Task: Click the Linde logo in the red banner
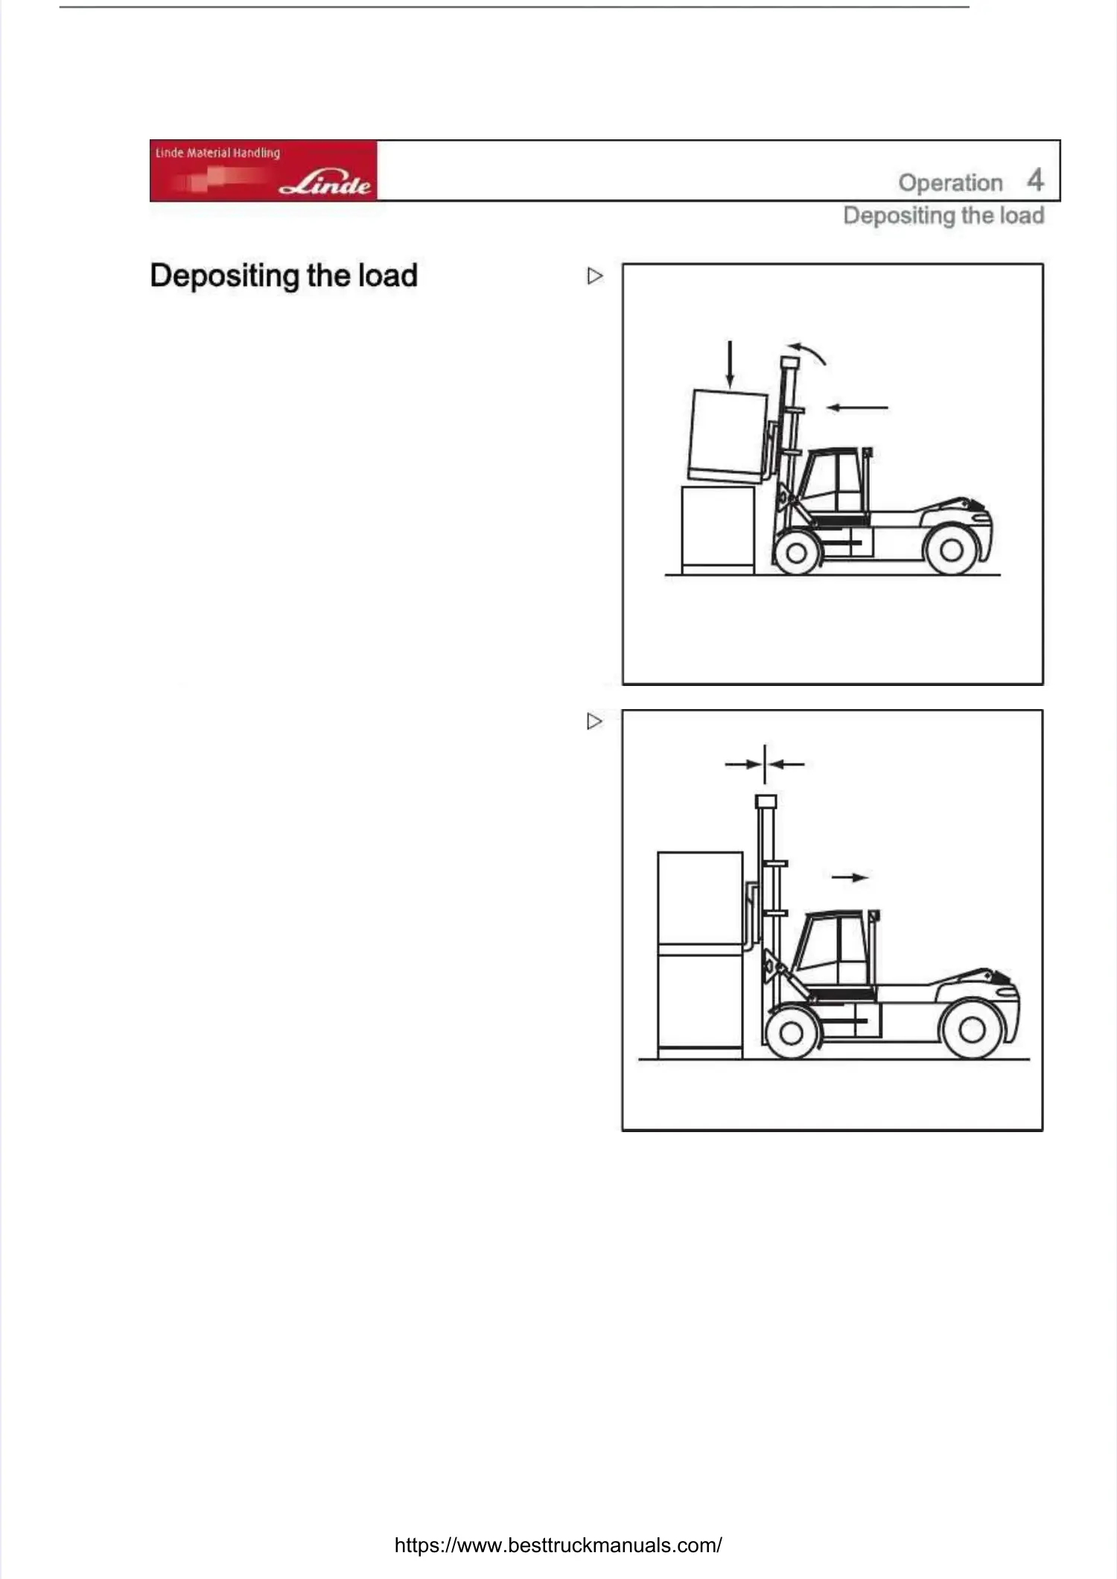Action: (325, 182)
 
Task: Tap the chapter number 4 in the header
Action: (1035, 180)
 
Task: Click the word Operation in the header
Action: (950, 182)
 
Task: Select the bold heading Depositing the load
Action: (284, 276)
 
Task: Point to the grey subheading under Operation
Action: (943, 216)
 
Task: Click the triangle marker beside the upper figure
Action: (594, 276)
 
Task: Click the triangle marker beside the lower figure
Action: (594, 722)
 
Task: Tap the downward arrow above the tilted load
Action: (731, 365)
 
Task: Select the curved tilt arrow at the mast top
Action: (809, 352)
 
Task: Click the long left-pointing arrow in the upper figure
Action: (857, 407)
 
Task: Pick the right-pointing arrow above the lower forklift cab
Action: (850, 877)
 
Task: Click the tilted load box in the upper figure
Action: (728, 435)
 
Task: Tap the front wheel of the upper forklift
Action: (796, 553)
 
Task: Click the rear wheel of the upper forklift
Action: (951, 551)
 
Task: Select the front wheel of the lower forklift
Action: (791, 1032)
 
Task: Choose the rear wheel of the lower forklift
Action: (972, 1030)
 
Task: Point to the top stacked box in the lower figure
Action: (700, 897)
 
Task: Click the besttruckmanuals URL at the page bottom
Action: (558, 1545)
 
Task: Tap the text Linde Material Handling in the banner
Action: (217, 153)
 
